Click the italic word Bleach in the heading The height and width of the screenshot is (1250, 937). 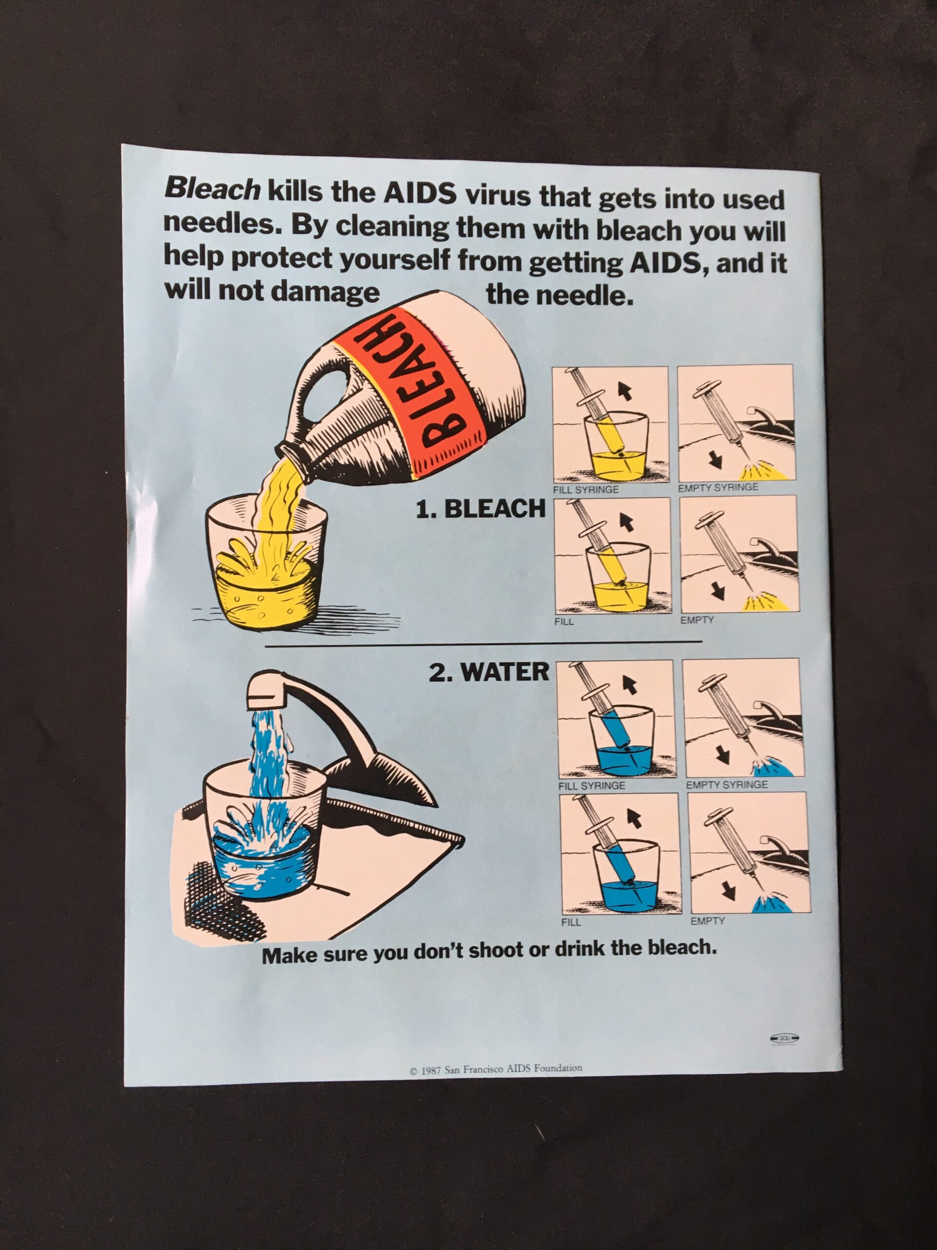pyautogui.click(x=212, y=190)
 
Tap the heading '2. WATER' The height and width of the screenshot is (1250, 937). pyautogui.click(x=489, y=672)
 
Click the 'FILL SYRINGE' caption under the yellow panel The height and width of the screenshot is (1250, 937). pyautogui.click(x=586, y=490)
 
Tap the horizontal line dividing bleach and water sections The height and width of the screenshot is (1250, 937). pyautogui.click(x=483, y=643)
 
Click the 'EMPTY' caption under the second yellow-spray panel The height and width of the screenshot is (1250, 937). pyautogui.click(x=697, y=620)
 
